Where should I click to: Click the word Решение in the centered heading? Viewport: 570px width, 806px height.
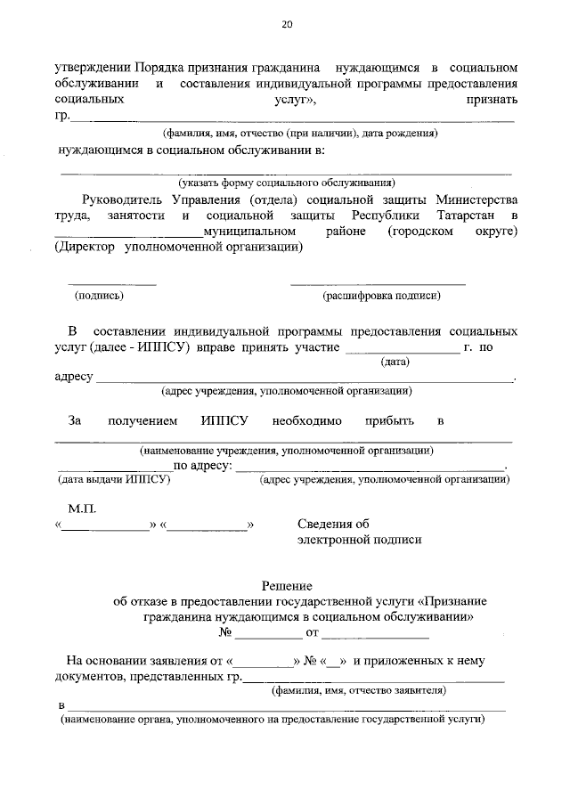click(286, 585)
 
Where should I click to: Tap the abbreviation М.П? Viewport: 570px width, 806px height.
click(81, 508)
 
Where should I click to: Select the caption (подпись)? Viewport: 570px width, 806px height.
click(100, 295)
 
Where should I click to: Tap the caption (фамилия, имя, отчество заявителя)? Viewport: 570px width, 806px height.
click(358, 689)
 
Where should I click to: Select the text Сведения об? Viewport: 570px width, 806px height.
click(332, 524)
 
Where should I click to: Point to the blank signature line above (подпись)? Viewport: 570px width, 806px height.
click(113, 284)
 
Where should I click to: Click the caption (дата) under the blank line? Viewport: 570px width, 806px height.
click(395, 362)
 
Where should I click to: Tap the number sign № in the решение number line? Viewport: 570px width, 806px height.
click(226, 633)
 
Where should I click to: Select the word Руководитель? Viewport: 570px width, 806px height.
click(122, 199)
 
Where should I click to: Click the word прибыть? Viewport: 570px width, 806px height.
click(390, 419)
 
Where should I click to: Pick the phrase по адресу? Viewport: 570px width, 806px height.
click(203, 465)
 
